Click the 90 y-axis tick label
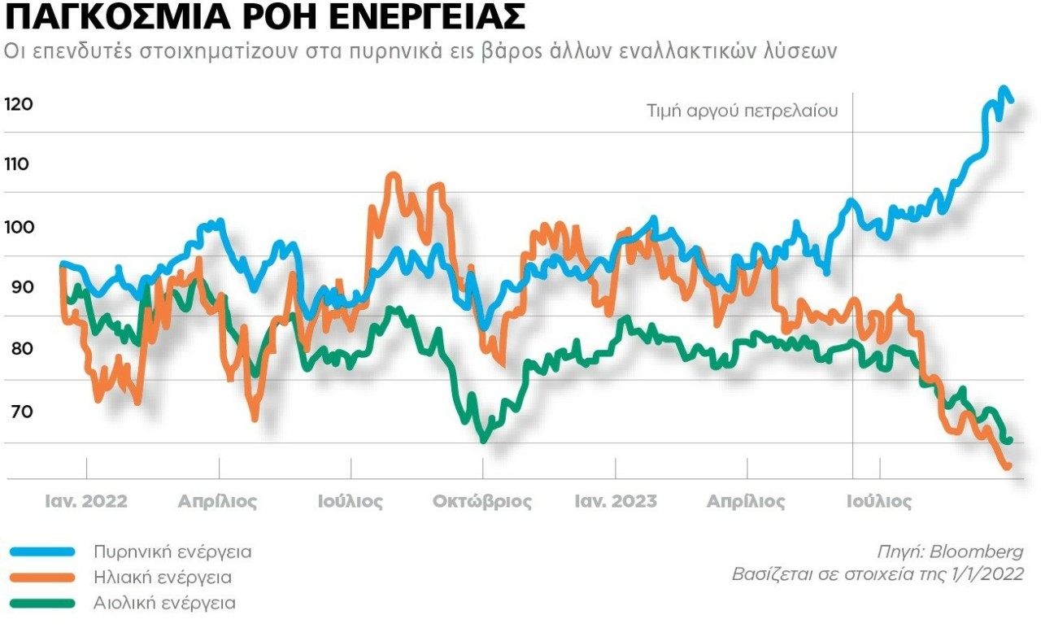coord(16,287)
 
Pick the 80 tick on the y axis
coord(16,349)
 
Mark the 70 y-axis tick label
coord(16,412)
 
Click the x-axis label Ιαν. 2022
coord(85,501)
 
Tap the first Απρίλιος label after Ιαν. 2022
coord(217,501)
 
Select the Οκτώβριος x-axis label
coord(481,501)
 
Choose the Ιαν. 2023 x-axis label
coord(615,501)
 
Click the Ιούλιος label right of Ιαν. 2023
coord(878,501)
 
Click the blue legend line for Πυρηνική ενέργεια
coord(42,552)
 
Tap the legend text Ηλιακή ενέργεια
coord(162,578)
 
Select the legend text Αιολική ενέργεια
coord(164,604)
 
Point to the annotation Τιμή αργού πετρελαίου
coord(742,111)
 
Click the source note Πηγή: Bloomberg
coord(950,551)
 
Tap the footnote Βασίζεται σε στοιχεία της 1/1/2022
coord(878,575)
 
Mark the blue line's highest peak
coord(1003,89)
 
